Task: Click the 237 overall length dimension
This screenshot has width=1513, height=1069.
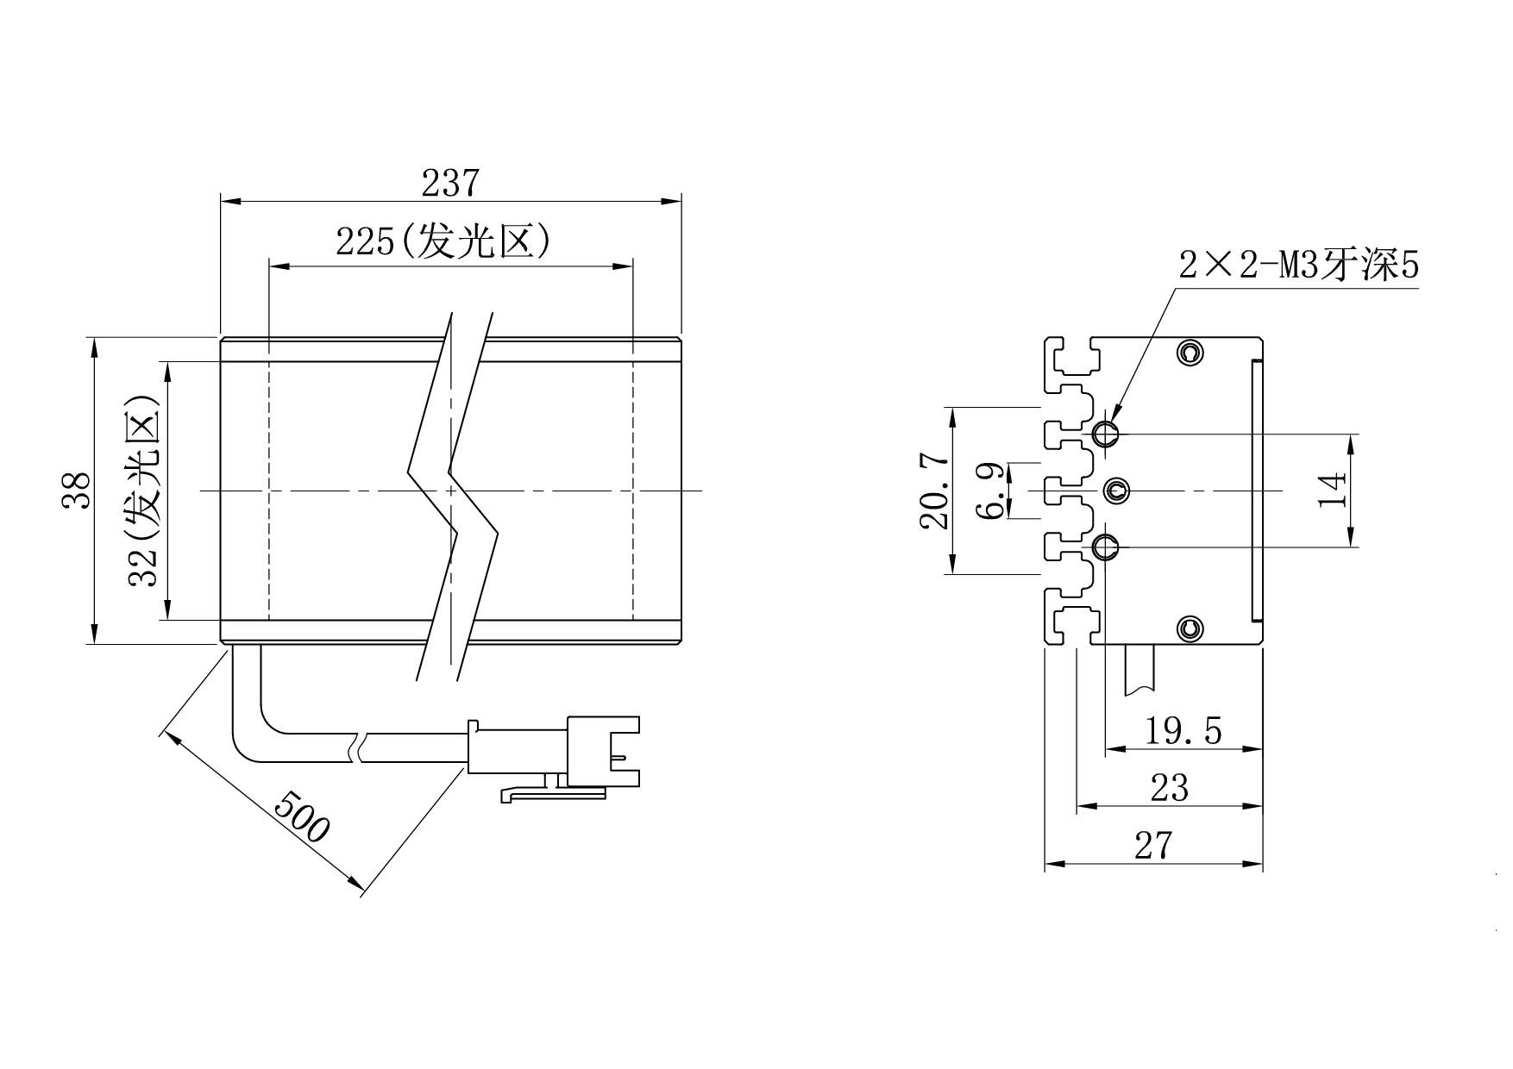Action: tap(449, 183)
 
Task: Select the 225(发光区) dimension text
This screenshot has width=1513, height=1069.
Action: tap(443, 242)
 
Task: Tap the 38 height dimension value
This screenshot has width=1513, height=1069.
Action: tap(77, 491)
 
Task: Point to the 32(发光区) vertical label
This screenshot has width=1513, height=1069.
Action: tap(143, 491)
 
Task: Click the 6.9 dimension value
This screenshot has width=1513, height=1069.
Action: tap(989, 491)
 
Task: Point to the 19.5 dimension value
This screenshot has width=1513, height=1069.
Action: tap(1183, 731)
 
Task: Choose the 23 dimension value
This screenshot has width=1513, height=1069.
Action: tap(1170, 787)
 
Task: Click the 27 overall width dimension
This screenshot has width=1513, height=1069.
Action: tap(1153, 846)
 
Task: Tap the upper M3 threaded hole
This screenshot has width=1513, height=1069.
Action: tap(1105, 433)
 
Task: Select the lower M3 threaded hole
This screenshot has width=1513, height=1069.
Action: tap(1105, 547)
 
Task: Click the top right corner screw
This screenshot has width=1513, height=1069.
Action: tap(1190, 352)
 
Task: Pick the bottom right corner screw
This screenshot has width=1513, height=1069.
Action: tap(1190, 628)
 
